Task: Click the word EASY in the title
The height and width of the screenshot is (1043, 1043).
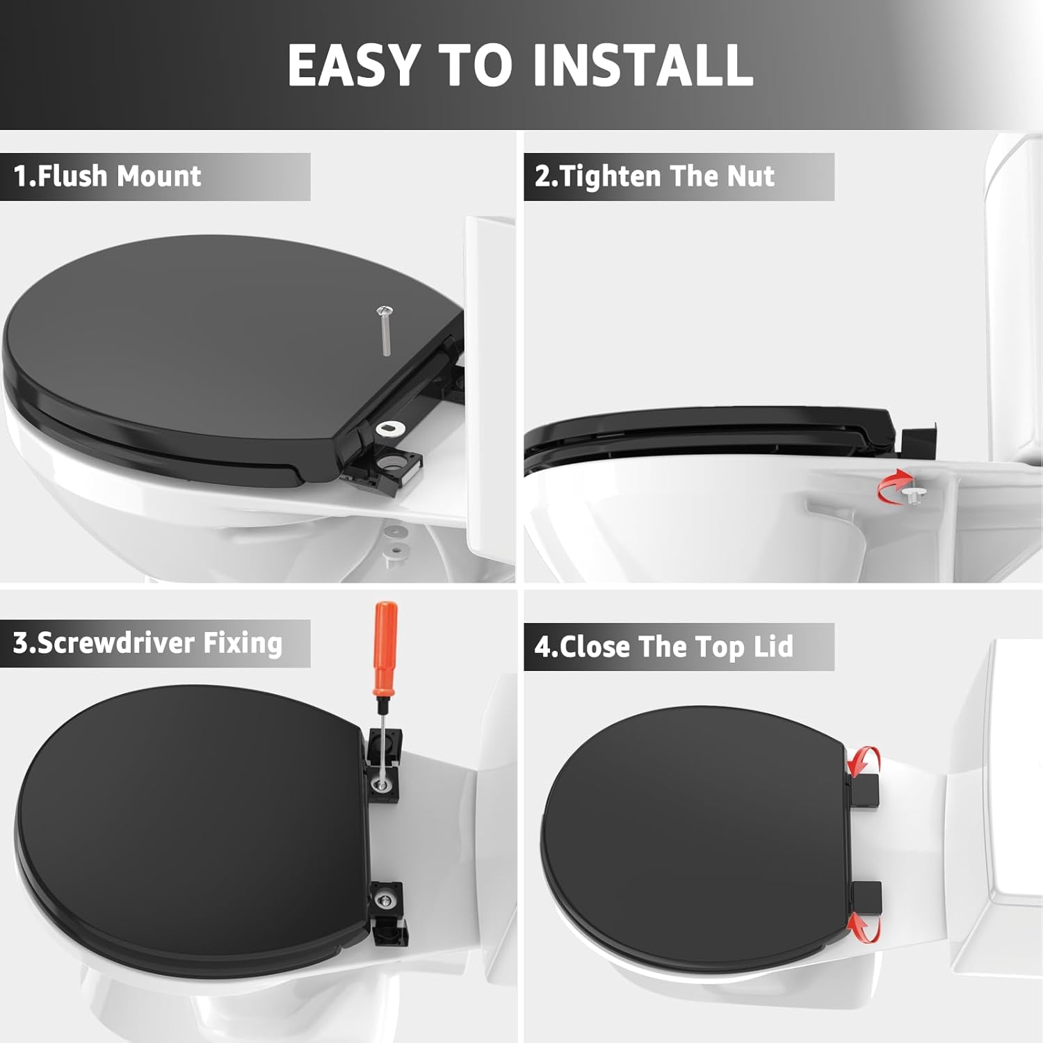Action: coord(353,65)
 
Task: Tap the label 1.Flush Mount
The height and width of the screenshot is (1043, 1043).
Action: coord(107,177)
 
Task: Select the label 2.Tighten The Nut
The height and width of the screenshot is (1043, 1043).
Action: coord(654,177)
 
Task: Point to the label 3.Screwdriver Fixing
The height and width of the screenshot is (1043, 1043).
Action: coord(147,643)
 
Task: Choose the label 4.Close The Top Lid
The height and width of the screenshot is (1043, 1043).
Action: coord(663,647)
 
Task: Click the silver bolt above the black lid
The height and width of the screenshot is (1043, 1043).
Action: coord(385,330)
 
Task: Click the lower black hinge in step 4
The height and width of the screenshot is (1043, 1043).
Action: coord(866,898)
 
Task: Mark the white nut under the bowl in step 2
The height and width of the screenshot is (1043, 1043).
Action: coord(914,494)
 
